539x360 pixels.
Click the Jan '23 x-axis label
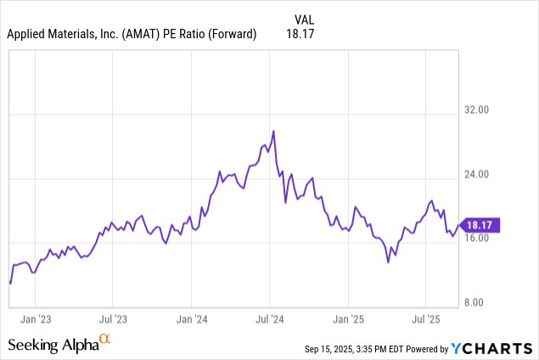pos(35,320)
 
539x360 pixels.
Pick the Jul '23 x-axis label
pos(113,320)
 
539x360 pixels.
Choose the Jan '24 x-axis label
pos(192,320)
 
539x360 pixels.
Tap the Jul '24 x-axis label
pos(270,320)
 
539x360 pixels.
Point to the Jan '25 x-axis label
pos(349,320)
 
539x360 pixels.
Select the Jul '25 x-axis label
pos(426,320)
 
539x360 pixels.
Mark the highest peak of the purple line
pos(273,131)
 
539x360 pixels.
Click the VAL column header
pos(305,18)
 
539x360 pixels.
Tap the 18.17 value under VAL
pos(303,34)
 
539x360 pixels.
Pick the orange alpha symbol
pos(105,339)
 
